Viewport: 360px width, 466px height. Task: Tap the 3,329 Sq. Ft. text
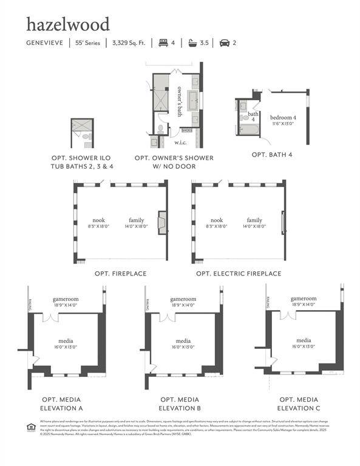tap(128, 43)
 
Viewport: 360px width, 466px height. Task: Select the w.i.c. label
tap(180, 143)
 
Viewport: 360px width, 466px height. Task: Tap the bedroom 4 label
tap(283, 117)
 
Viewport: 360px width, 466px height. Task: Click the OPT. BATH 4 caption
tap(272, 155)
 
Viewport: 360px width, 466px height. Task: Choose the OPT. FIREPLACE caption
tap(119, 274)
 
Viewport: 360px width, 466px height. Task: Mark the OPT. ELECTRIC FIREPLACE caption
tap(239, 274)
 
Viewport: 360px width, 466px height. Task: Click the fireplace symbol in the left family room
tap(161, 223)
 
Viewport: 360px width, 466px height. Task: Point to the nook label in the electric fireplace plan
tap(216, 220)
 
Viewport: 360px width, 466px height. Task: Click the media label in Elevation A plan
tap(66, 341)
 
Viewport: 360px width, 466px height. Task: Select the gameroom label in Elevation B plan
tap(183, 299)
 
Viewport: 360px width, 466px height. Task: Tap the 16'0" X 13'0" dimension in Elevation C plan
tap(304, 346)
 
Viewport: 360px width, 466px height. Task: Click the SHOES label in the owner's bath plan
tap(186, 129)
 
